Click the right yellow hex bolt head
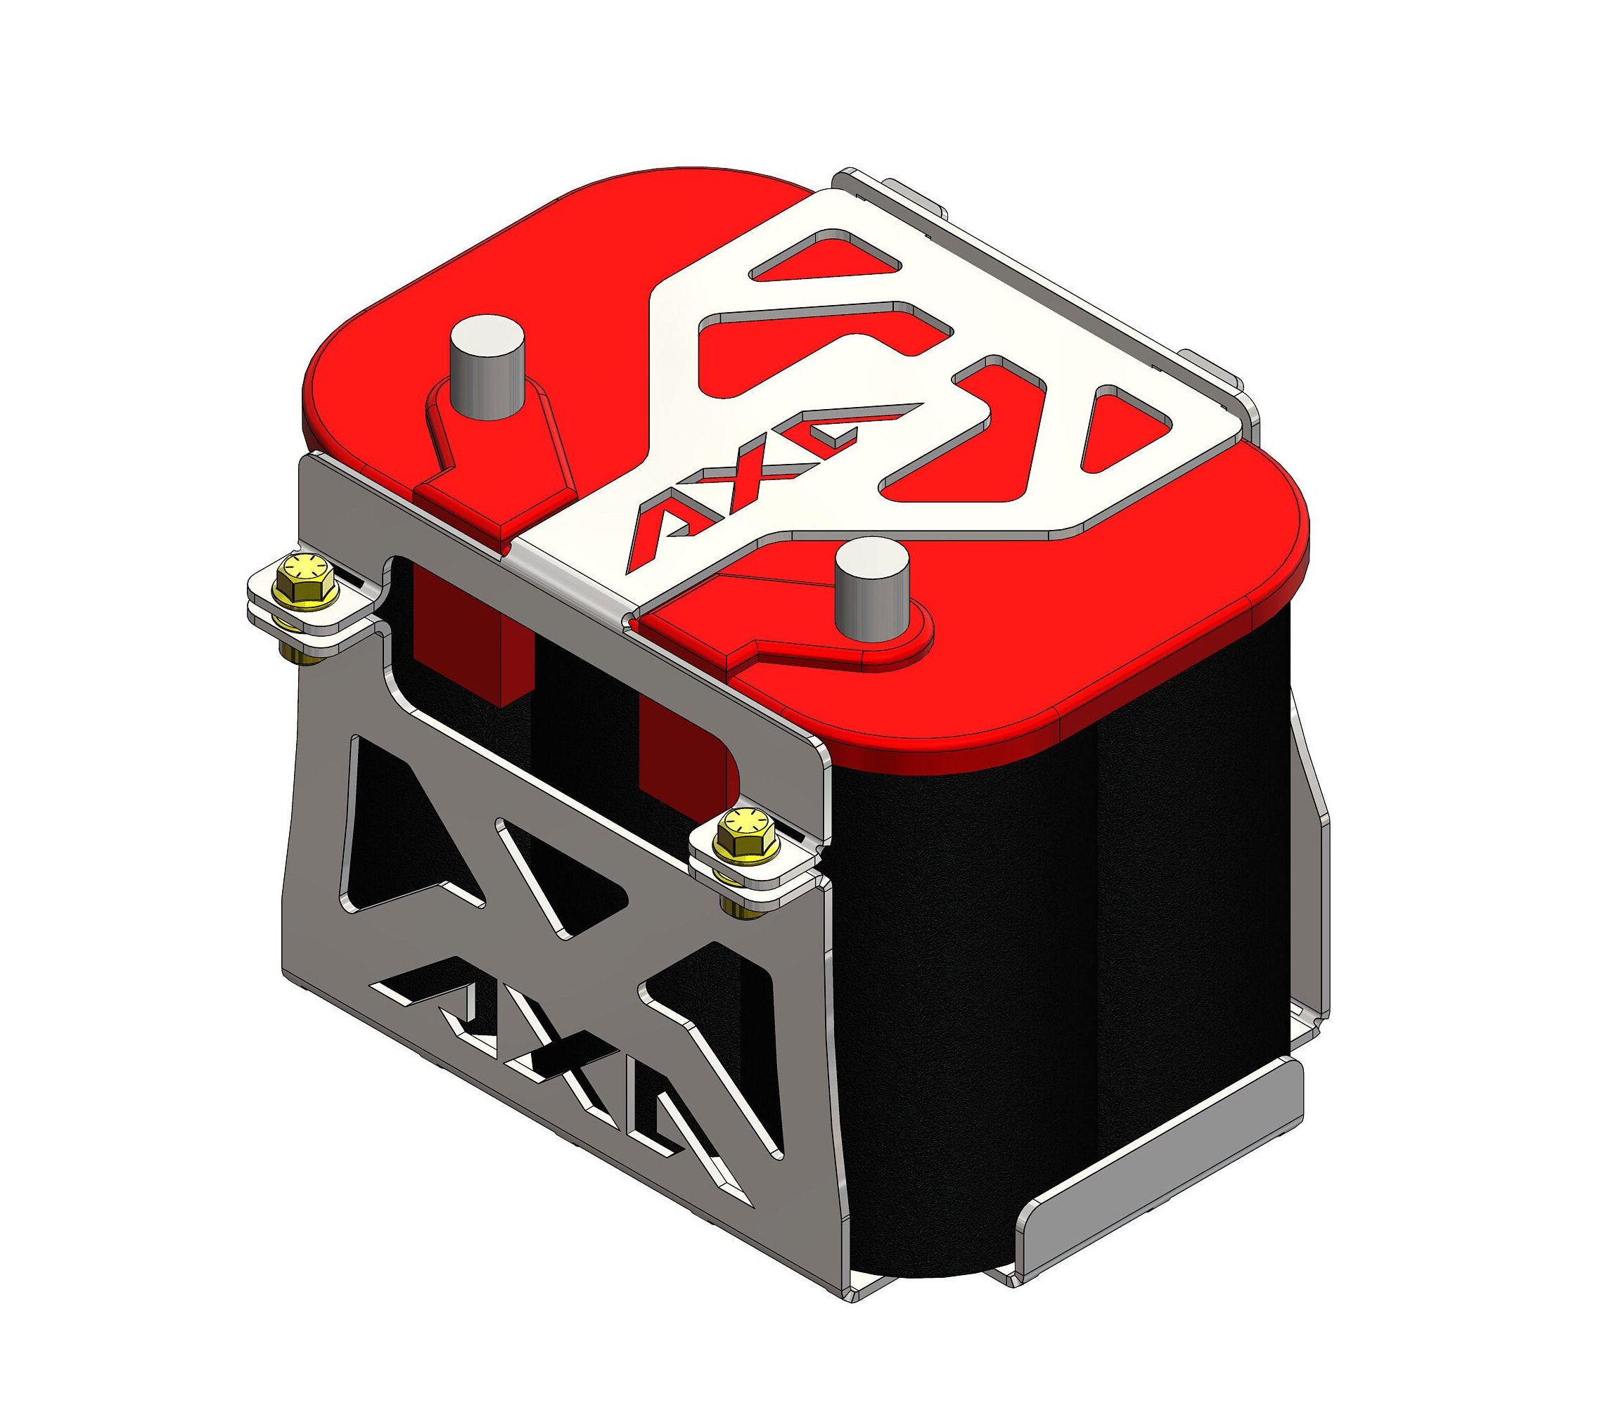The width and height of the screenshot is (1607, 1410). [748, 829]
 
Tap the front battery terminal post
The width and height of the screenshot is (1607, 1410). [871, 589]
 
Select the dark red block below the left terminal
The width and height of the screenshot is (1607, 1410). [472, 629]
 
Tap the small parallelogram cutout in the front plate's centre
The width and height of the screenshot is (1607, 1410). [562, 872]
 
